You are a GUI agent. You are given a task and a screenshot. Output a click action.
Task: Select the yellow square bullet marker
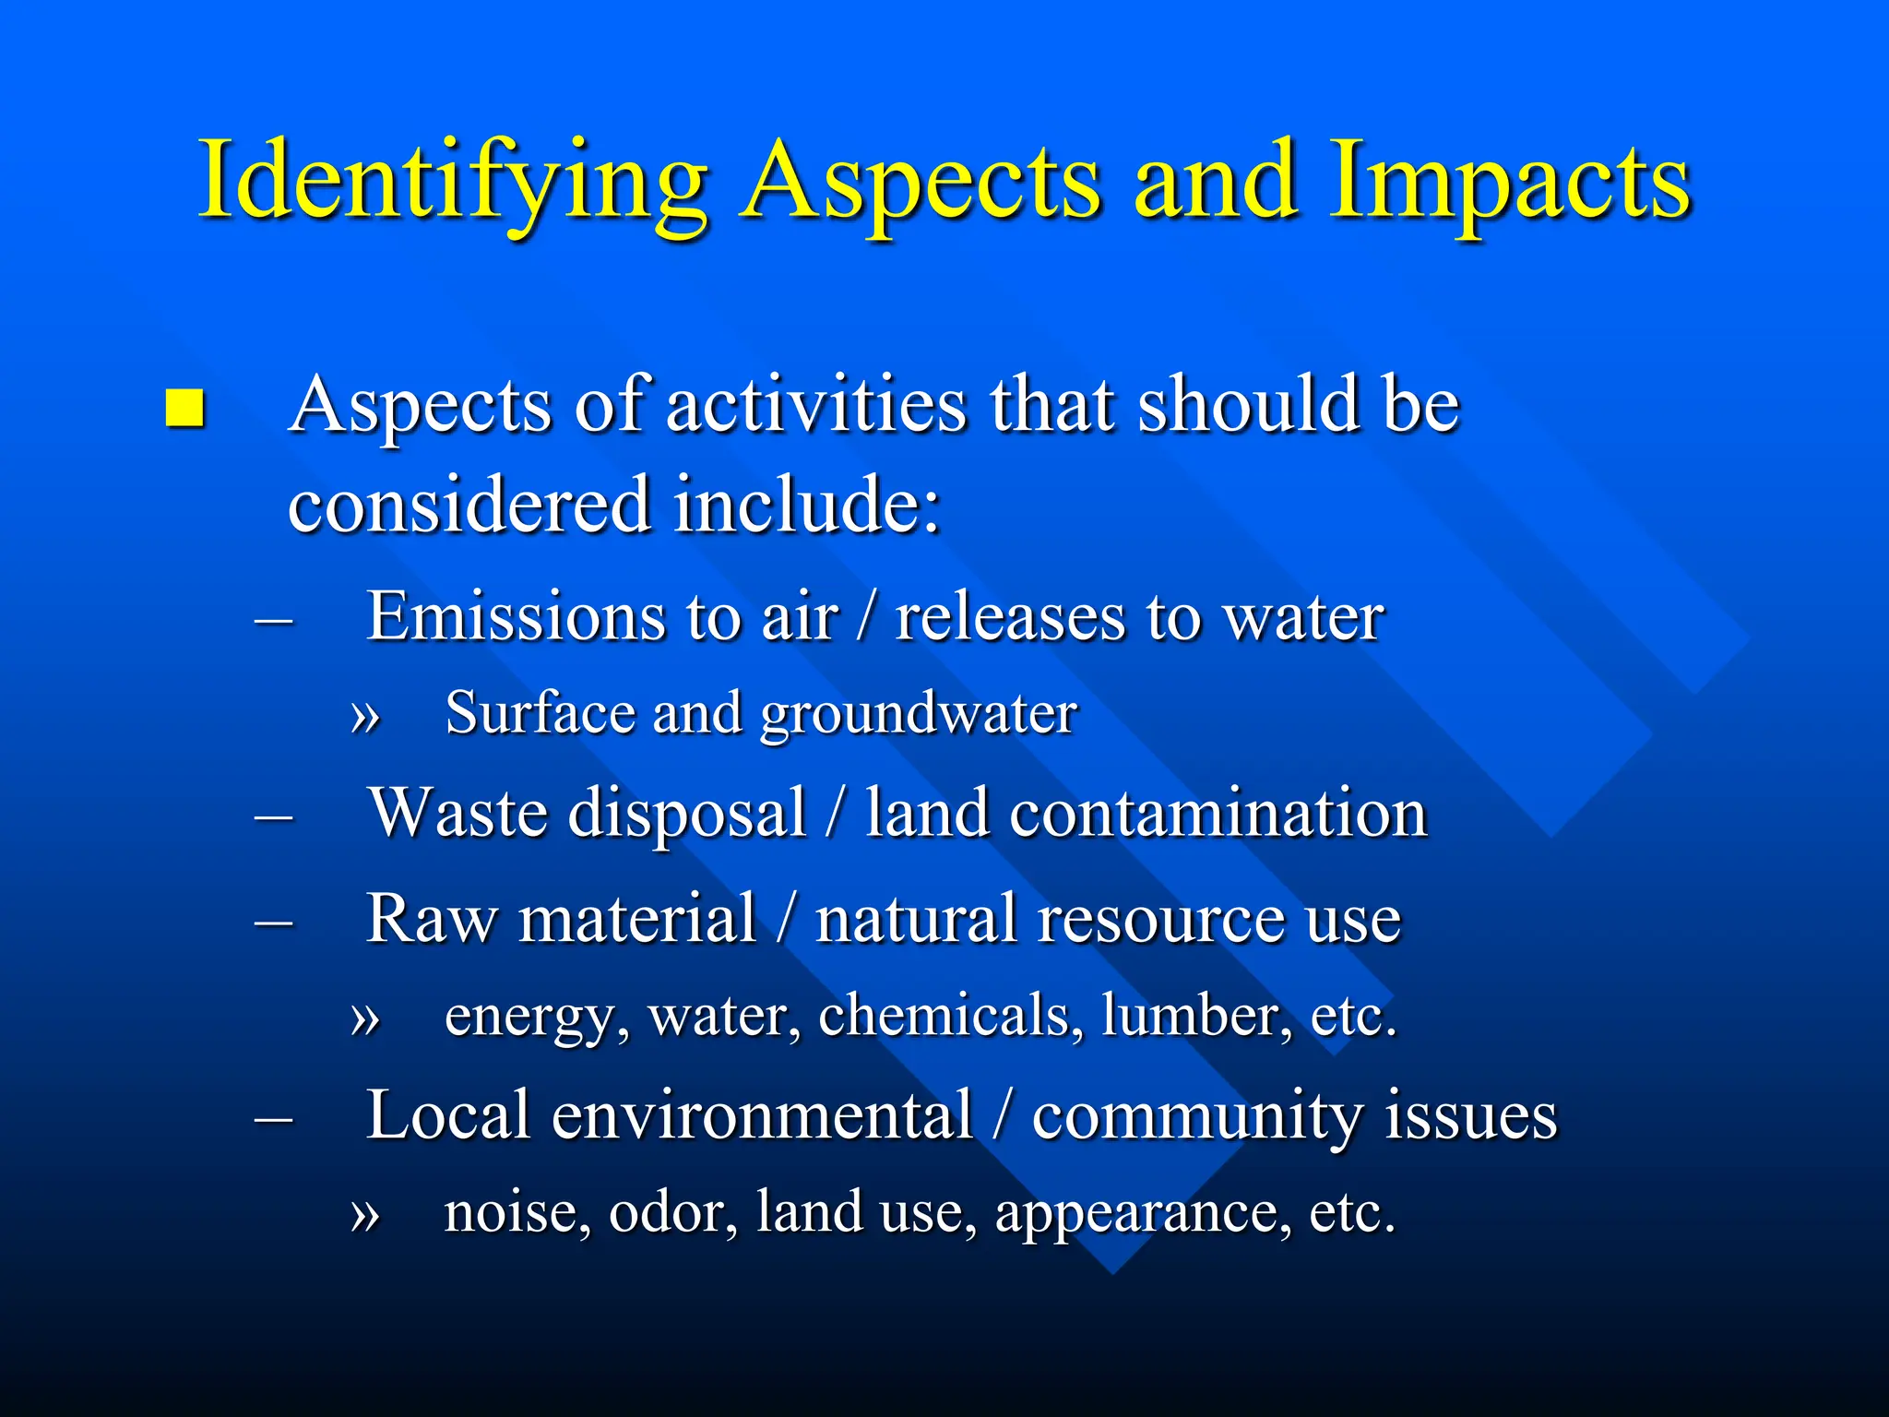tap(184, 408)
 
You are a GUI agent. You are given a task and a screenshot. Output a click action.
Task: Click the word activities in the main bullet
tap(816, 406)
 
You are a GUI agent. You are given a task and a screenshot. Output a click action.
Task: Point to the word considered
tap(469, 506)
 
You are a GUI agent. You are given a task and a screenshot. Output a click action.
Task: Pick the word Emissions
tap(516, 616)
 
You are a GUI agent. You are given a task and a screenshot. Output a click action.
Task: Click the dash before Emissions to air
tap(274, 620)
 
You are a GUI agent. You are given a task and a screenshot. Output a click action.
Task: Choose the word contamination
tap(1218, 814)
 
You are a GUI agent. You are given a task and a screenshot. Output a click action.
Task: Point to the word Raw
tap(431, 919)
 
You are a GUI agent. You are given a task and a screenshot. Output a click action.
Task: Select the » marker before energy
tap(365, 1018)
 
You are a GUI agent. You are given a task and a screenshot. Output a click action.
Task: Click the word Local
tap(448, 1115)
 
